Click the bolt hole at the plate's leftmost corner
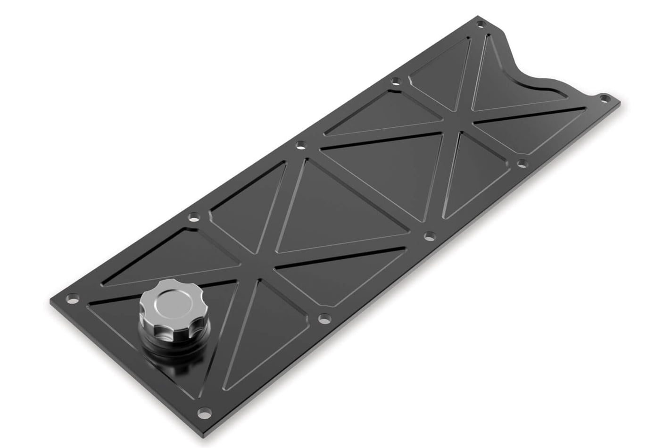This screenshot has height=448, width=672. pos(72,298)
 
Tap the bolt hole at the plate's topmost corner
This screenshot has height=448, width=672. pos(481,24)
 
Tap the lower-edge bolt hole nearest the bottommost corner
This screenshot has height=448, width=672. pos(323,319)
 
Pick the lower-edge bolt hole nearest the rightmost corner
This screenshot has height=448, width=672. pos(522,163)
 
